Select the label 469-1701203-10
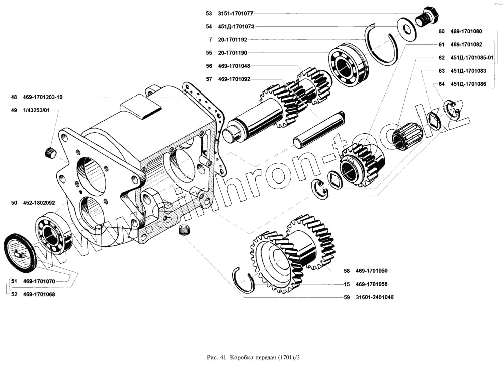click(43, 97)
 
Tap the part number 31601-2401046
click(374, 297)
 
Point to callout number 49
click(13, 110)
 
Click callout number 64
click(441, 84)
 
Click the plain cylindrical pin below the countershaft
click(319, 130)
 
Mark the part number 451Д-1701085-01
click(472, 58)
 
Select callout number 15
click(347, 284)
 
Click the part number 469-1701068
click(39, 294)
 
